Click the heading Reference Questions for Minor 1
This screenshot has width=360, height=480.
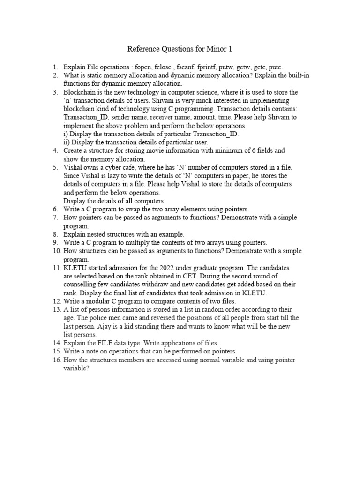[x=180, y=49]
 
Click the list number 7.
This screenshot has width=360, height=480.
[x=55, y=218]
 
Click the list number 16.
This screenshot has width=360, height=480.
[x=56, y=360]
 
